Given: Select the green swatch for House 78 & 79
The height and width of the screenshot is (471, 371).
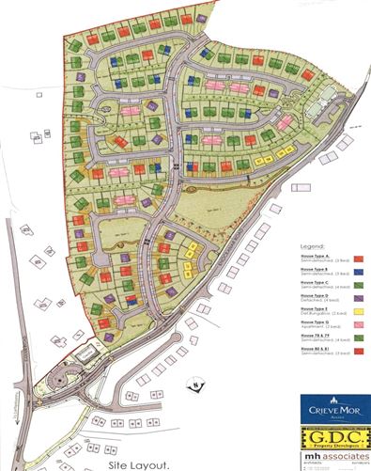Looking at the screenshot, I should [360, 337].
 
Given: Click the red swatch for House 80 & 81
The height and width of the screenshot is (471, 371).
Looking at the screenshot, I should [360, 351].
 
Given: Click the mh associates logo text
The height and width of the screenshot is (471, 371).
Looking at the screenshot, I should [334, 459].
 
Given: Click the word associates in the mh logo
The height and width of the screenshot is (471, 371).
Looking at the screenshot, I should [342, 458].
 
